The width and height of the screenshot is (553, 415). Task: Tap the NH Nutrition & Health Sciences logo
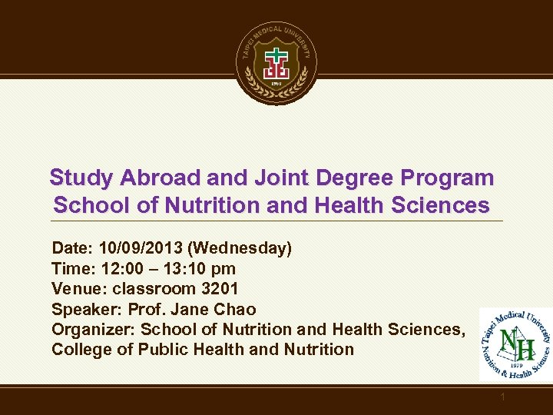[x=515, y=344]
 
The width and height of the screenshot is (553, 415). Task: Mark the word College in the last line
[x=78, y=350]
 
